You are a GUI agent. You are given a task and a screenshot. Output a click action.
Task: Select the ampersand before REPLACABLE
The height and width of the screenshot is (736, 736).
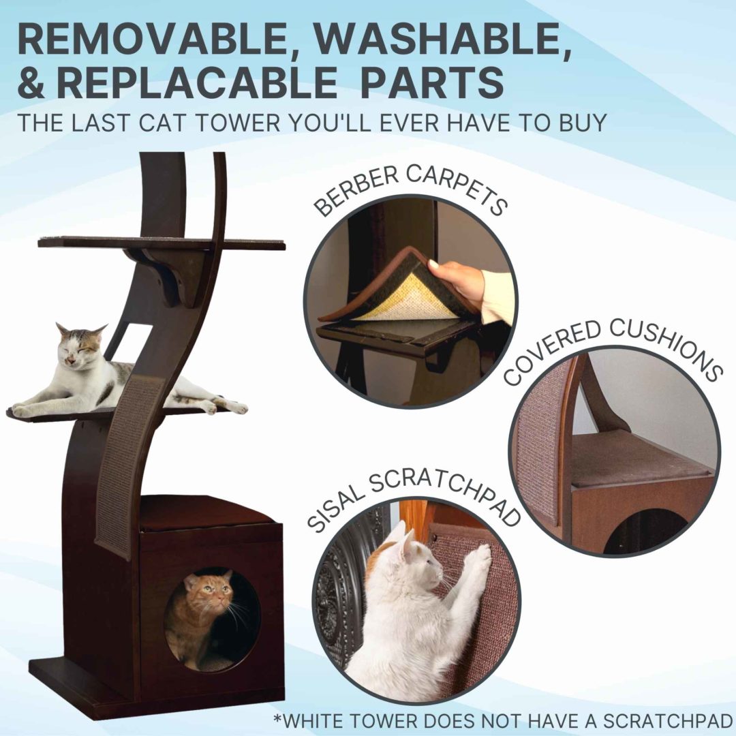[x=32, y=82]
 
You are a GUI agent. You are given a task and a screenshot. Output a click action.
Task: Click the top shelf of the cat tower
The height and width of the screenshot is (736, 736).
[x=161, y=243]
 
